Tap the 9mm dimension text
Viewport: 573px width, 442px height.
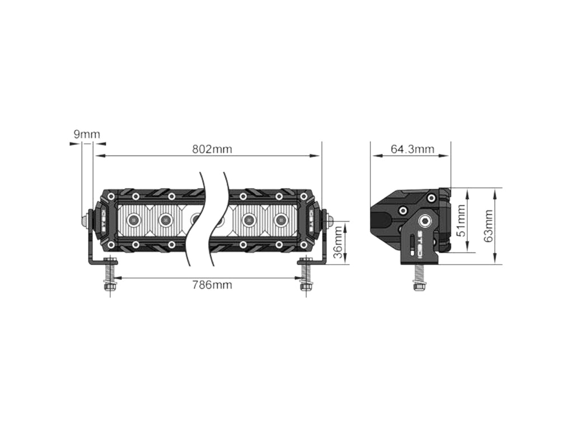pyautogui.click(x=86, y=134)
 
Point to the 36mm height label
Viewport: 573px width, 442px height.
pyautogui.click(x=338, y=242)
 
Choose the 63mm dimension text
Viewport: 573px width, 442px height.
pyautogui.click(x=489, y=225)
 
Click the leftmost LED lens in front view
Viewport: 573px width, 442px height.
pyautogui.click(x=134, y=220)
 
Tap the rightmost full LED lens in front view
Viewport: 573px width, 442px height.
pyautogui.click(x=280, y=220)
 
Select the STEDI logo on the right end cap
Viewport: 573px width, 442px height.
pyautogui.click(x=312, y=220)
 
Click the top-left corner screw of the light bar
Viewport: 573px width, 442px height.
pyautogui.click(x=111, y=196)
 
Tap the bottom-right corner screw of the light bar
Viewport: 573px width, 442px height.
pyautogui.click(x=303, y=245)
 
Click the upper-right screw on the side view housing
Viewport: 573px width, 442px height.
pyautogui.click(x=431, y=198)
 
